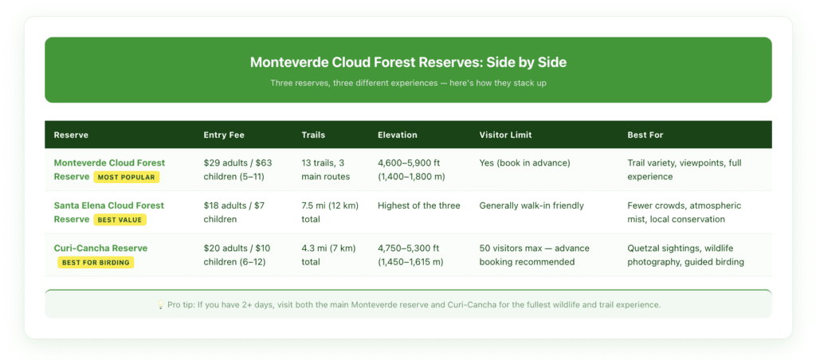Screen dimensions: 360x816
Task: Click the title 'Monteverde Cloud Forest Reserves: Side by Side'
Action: point(408,62)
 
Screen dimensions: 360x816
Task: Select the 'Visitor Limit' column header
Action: point(504,135)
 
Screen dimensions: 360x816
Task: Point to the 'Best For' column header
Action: point(645,135)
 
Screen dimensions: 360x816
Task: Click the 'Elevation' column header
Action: point(397,135)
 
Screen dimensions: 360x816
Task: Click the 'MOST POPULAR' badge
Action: point(126,177)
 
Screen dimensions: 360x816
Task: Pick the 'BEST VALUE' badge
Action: point(120,219)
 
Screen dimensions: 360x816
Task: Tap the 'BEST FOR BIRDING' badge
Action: point(96,262)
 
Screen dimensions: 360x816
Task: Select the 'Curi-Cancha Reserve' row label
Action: point(100,248)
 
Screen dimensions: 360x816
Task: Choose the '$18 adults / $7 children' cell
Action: point(233,212)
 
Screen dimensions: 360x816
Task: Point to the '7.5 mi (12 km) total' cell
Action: point(329,212)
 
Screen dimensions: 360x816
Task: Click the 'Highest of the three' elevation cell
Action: point(418,205)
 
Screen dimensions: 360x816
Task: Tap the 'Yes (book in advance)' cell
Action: point(524,163)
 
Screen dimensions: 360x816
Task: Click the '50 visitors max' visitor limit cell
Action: point(534,255)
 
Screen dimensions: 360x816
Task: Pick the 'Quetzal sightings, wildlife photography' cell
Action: point(685,255)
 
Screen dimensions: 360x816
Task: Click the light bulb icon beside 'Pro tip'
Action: point(160,305)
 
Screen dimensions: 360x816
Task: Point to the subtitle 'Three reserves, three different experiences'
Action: point(408,83)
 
